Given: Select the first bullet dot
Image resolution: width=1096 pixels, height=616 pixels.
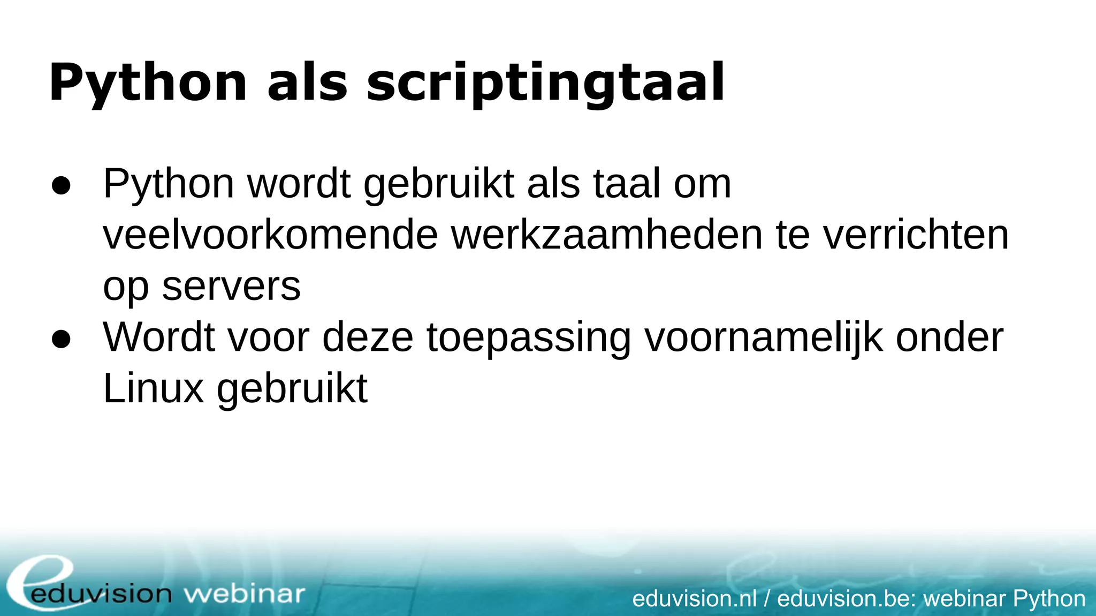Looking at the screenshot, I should [x=61, y=185].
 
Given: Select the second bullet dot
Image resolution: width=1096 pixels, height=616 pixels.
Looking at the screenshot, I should [x=61, y=339].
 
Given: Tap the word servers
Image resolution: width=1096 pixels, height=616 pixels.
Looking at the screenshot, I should [x=231, y=286].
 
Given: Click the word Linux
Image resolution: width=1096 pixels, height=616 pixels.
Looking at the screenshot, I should [x=153, y=388].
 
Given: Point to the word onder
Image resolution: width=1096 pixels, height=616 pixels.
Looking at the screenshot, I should [x=949, y=337].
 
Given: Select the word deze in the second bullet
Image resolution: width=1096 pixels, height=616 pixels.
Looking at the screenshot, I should [x=368, y=337].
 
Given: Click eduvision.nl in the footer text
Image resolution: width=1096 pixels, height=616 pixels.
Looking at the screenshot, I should [x=694, y=598].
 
